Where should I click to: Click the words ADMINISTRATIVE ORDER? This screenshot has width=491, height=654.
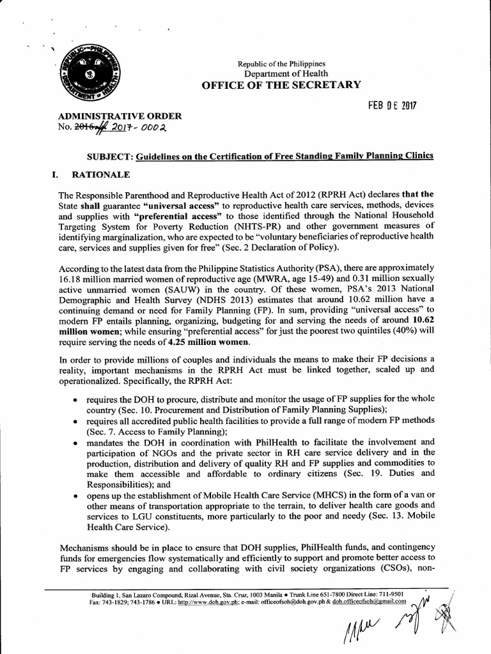[x=120, y=116]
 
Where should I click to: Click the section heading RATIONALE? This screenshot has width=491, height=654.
[x=106, y=174]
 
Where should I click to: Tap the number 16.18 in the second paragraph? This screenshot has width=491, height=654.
[x=71, y=278]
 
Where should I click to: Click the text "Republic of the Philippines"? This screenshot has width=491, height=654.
[x=282, y=64]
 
